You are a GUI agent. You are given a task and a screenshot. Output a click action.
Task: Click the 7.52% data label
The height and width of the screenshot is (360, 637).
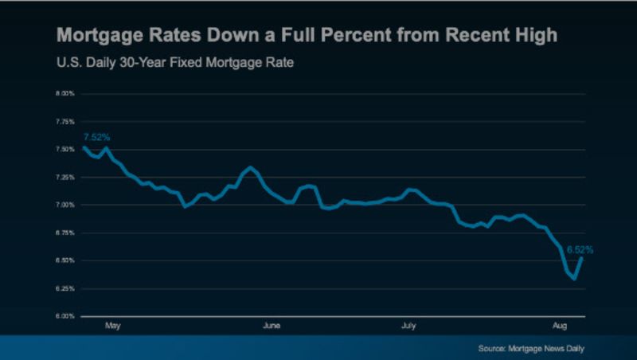click(x=96, y=137)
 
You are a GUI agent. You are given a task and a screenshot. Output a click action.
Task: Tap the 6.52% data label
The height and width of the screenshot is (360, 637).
click(x=580, y=249)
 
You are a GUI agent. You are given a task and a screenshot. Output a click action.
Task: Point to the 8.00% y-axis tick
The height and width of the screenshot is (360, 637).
click(x=64, y=93)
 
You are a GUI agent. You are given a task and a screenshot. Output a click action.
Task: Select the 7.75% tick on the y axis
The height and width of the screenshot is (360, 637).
click(x=64, y=121)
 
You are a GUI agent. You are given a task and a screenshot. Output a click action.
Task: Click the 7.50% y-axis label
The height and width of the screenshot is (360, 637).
click(x=64, y=149)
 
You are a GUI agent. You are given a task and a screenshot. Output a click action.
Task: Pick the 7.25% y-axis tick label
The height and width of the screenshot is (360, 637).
click(x=64, y=177)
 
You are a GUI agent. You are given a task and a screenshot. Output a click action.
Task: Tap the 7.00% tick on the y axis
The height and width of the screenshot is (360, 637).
click(x=64, y=205)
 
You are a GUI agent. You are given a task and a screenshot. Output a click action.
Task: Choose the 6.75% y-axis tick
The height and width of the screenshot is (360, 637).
click(x=64, y=233)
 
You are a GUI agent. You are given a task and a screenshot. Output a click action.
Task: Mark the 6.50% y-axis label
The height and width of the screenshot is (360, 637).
click(x=64, y=260)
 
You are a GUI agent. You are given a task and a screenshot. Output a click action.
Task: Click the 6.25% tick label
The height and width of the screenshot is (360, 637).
click(x=64, y=288)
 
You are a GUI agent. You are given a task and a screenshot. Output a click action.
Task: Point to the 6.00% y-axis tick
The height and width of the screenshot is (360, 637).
click(x=64, y=316)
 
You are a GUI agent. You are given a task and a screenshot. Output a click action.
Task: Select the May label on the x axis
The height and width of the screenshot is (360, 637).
click(x=112, y=326)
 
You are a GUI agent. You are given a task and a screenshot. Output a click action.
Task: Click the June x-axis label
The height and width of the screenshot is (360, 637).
click(x=271, y=326)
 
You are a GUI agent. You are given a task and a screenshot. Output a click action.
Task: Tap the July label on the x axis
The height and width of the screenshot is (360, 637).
click(x=408, y=326)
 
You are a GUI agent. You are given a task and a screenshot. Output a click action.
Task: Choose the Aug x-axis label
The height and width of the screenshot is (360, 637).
click(x=561, y=326)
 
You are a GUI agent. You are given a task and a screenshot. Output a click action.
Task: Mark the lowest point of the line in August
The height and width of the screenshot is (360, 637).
click(x=574, y=278)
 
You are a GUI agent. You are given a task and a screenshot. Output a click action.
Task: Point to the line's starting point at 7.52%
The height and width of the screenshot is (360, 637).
click(x=83, y=147)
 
